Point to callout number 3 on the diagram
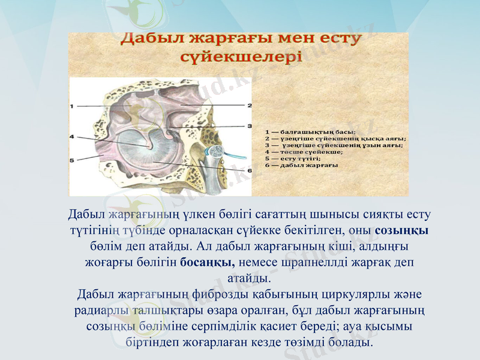tap(249, 126)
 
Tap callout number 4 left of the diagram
tap(72, 137)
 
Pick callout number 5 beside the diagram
tap(72, 160)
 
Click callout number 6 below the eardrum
tap(249, 170)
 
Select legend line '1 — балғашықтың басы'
tap(310, 131)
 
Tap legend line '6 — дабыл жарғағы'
tap(301, 164)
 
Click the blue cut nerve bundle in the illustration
tap(215, 151)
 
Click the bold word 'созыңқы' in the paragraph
tap(401, 230)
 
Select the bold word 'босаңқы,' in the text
tap(207, 262)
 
